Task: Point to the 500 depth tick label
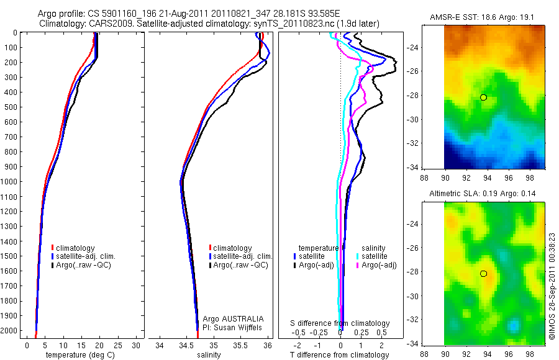pyautogui.click(x=11, y=107)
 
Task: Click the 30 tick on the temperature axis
pyautogui.click(x=137, y=344)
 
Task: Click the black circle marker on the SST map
pyautogui.click(x=483, y=97)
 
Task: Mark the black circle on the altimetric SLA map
pyautogui.click(x=483, y=274)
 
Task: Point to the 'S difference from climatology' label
pyautogui.click(x=340, y=323)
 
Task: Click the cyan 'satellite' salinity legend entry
pyautogui.click(x=371, y=256)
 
